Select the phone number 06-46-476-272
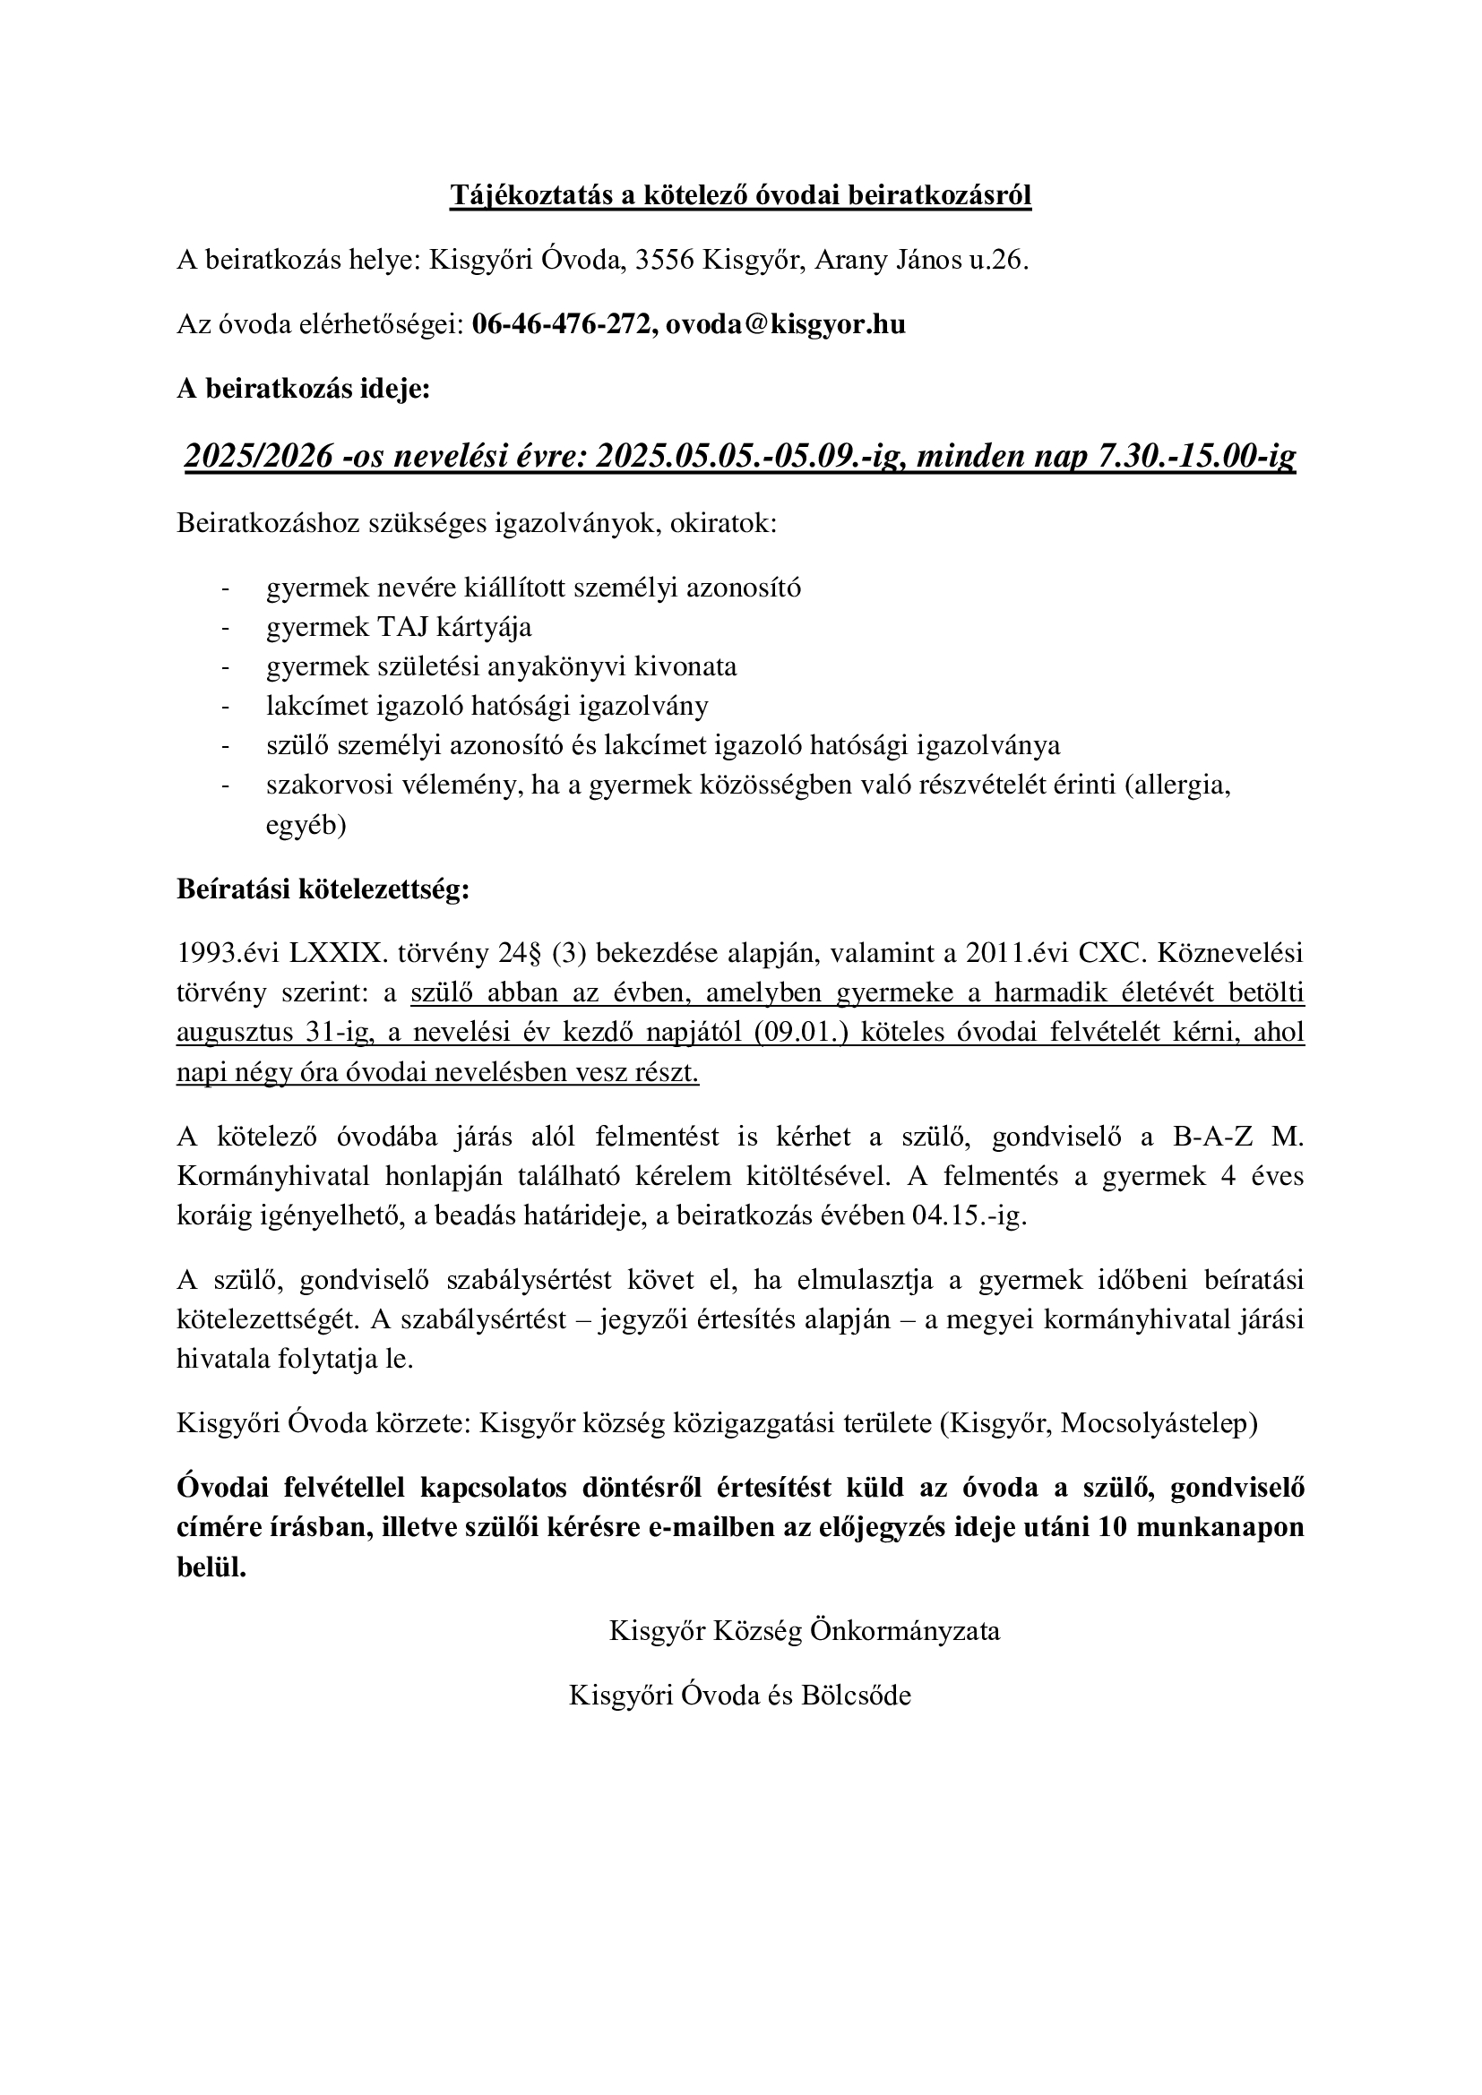(562, 325)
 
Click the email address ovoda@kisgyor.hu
(786, 325)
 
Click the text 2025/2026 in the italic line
(258, 455)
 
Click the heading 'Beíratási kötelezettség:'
(323, 889)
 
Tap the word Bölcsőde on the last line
(856, 1696)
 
